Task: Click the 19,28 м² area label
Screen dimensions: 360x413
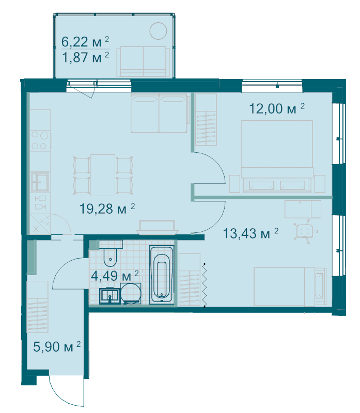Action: [x=107, y=209]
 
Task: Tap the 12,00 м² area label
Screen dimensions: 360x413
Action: [x=277, y=108]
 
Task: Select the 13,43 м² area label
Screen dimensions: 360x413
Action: [x=251, y=233]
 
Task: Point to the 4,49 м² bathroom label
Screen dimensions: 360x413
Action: [x=115, y=276]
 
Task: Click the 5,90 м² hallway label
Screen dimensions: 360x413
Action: [x=57, y=346]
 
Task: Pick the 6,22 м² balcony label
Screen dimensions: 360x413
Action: [x=85, y=42]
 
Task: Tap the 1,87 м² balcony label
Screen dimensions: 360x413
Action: [x=85, y=57]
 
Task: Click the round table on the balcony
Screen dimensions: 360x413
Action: [x=158, y=31]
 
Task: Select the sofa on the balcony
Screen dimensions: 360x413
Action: [x=143, y=61]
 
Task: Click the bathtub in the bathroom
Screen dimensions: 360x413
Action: [x=162, y=275]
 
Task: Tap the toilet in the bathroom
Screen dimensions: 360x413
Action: [x=111, y=253]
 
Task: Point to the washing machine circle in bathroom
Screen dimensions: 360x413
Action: [x=131, y=293]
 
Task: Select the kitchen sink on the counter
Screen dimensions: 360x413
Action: [x=40, y=182]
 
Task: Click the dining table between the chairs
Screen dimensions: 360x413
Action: [x=103, y=175]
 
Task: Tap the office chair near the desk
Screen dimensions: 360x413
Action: [x=305, y=231]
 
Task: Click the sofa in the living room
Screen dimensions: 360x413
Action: [x=160, y=113]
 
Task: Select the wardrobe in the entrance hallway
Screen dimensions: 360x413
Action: [x=37, y=307]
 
